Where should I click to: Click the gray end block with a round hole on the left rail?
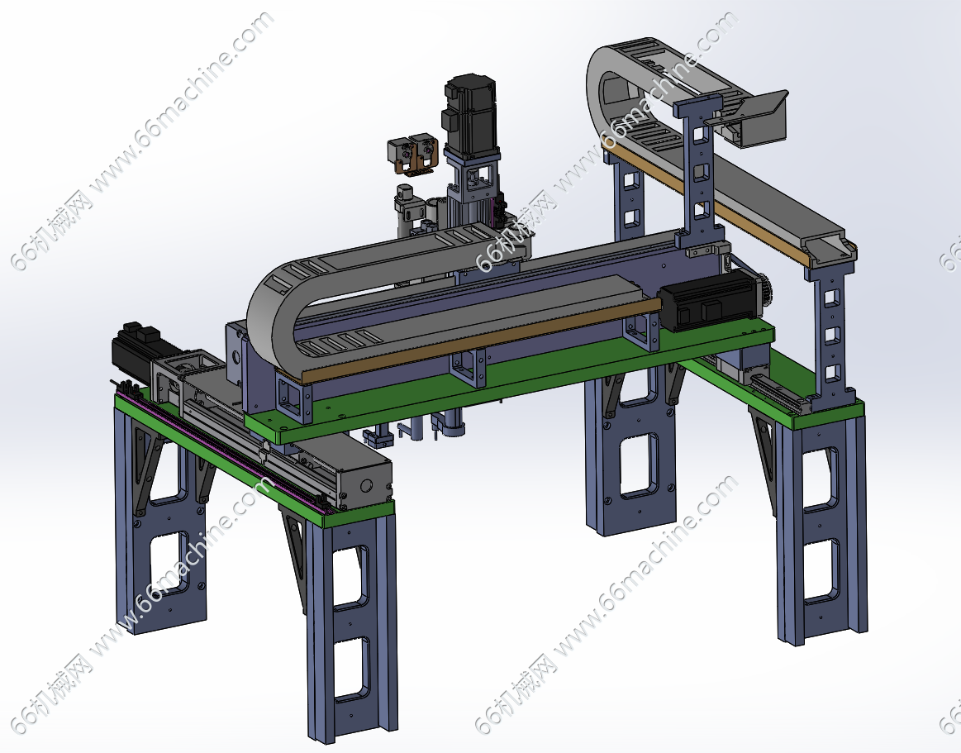(x=364, y=481)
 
